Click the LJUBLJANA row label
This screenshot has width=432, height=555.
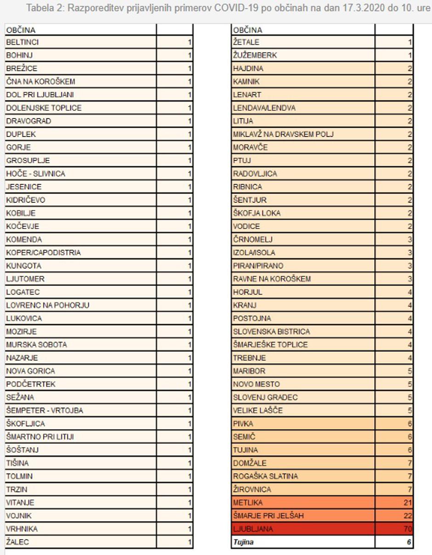coord(253,529)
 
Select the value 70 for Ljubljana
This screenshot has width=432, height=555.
coord(407,529)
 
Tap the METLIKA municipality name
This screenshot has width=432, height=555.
coord(248,503)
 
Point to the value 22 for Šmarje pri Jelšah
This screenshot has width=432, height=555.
coord(407,516)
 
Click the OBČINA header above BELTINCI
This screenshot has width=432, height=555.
coord(21,30)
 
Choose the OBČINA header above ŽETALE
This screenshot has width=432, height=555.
coord(248,30)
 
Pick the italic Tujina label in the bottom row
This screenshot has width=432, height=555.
coord(243,542)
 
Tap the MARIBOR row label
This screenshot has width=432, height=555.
coord(249,371)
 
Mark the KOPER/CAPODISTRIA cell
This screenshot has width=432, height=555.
coord(43,252)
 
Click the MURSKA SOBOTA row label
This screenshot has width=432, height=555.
coord(36,344)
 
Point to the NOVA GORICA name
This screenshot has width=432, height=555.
coord(30,371)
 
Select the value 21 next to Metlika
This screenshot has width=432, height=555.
coord(407,503)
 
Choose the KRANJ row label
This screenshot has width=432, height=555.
coord(244,305)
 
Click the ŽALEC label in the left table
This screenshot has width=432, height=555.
coord(17,542)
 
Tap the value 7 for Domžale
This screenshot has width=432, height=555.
coord(409,463)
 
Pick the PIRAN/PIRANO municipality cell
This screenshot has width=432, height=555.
coord(258,266)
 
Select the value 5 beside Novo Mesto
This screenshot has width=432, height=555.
coord(409,384)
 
